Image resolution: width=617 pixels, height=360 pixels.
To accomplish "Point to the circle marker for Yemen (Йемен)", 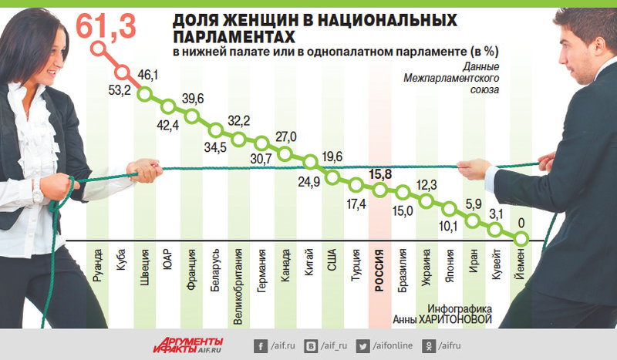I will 522,241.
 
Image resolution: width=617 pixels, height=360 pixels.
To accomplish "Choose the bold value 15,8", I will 383,173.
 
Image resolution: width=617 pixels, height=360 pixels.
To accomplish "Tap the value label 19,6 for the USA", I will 333,157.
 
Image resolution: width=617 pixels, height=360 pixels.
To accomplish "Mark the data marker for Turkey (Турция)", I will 356,184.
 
